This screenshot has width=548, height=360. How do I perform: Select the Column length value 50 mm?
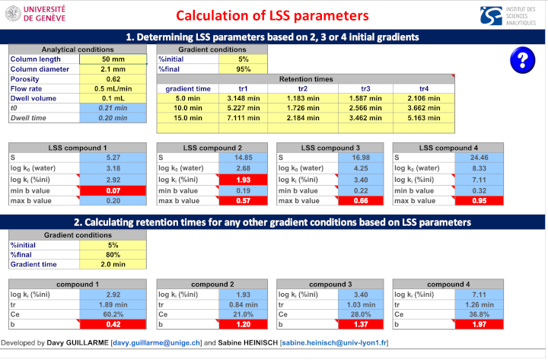pyautogui.click(x=113, y=59)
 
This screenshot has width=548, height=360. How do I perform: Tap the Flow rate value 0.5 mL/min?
pyautogui.click(x=113, y=88)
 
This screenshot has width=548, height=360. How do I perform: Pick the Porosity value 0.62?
pyautogui.click(x=113, y=78)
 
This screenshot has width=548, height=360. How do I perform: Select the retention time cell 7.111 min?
pyautogui.click(x=242, y=118)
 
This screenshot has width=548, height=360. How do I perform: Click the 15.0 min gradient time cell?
pyautogui.click(x=188, y=118)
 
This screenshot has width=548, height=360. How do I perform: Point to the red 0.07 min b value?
pyautogui.click(x=113, y=190)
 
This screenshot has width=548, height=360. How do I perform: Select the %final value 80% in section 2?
pyautogui.click(x=113, y=255)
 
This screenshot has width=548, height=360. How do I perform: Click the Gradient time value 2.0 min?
pyautogui.click(x=113, y=265)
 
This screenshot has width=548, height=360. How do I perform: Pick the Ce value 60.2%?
pyautogui.click(x=113, y=314)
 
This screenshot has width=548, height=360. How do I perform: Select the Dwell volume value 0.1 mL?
pyautogui.click(x=113, y=98)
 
